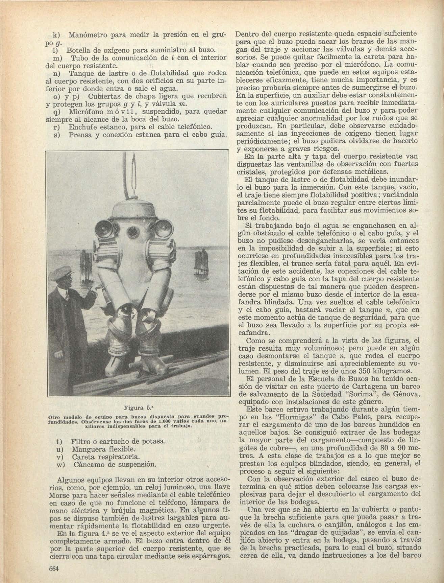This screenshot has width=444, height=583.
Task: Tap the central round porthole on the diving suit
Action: click(x=131, y=232)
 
